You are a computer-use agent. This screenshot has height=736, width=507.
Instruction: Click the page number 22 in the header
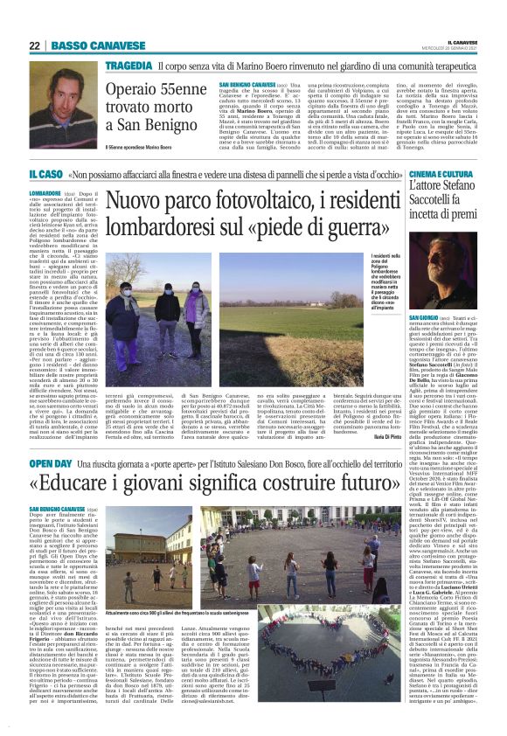[35, 45]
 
